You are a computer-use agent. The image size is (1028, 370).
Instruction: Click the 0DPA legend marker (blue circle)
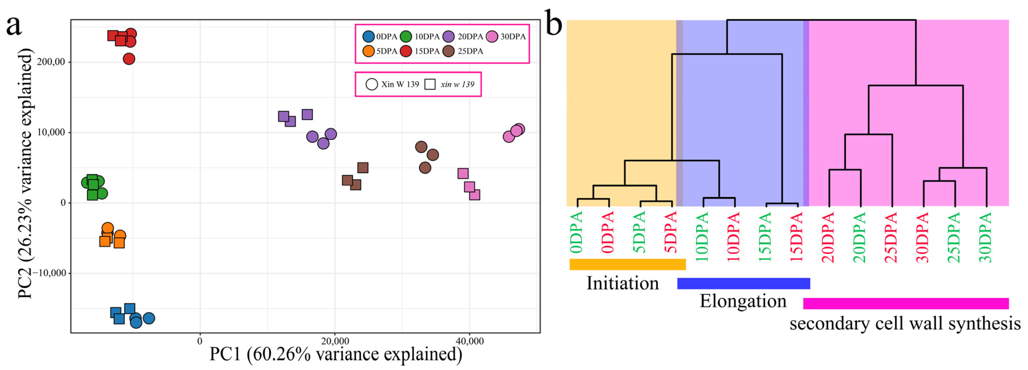click(368, 37)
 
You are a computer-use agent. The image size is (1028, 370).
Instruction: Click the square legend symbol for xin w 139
click(430, 84)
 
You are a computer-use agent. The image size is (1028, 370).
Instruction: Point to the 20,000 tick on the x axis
click(335, 341)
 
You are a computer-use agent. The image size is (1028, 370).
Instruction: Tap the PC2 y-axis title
click(25, 174)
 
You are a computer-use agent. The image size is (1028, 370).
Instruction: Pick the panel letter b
click(554, 25)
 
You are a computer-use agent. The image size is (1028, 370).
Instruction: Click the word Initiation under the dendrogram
click(623, 283)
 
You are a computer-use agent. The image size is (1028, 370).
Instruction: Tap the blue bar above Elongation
click(744, 283)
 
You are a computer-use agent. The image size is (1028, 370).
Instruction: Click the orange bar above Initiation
click(627, 264)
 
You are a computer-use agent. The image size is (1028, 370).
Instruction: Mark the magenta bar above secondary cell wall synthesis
click(906, 303)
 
